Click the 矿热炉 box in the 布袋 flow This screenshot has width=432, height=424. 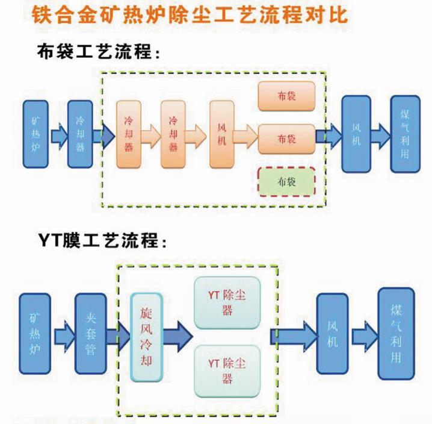point(35,133)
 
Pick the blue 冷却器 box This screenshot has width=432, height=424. point(79,133)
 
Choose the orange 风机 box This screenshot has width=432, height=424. point(221,133)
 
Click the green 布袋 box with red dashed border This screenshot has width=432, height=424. point(286,180)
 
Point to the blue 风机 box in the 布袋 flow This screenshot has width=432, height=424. point(356,133)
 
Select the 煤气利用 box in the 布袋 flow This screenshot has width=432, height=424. point(404,133)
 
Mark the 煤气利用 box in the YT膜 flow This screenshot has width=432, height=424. point(395,333)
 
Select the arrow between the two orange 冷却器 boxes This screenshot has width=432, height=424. point(151,134)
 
